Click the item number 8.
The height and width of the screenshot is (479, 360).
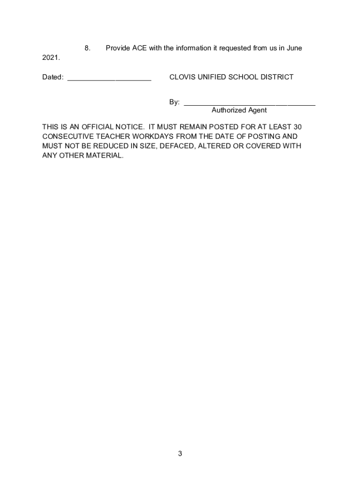tap(86, 48)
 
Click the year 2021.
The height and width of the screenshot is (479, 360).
tap(50, 58)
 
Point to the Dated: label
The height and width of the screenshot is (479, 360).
tap(53, 77)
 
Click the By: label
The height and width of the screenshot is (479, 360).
tap(174, 102)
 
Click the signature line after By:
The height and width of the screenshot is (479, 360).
tap(250, 104)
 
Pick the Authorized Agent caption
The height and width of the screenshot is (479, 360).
tap(239, 110)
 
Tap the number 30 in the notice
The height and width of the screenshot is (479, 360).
tap(297, 127)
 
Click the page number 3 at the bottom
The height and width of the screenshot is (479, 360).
tap(180, 454)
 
